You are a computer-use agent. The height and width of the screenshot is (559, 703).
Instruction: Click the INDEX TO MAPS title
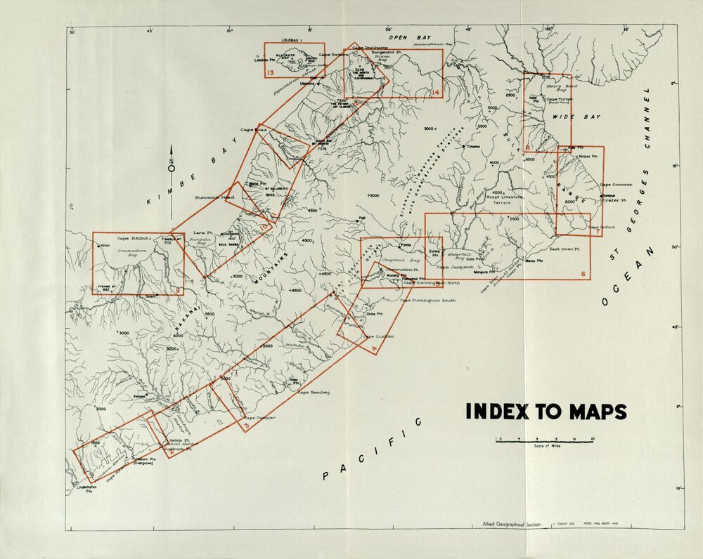tap(546, 412)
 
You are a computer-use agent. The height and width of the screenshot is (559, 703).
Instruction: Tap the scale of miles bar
tap(545, 440)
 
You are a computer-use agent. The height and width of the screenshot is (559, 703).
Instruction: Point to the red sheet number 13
tap(270, 72)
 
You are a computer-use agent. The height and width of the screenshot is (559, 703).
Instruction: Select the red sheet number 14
tap(436, 92)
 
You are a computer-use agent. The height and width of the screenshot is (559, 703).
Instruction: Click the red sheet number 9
tap(179, 289)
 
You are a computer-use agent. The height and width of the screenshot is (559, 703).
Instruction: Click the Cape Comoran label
tap(617, 185)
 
